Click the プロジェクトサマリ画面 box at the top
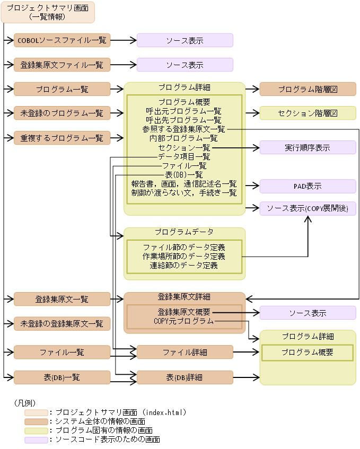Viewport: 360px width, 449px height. pos(48,12)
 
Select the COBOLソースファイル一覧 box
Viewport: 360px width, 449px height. pos(62,40)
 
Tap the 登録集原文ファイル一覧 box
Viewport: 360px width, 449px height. pos(62,65)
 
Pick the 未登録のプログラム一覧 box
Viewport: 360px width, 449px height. pos(62,113)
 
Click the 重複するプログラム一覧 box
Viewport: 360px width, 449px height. pos(62,138)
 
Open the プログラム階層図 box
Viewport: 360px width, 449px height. pos(308,89)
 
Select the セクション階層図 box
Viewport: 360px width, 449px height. pos(308,113)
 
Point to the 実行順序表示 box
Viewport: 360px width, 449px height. pos(308,147)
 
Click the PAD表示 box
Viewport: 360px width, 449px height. pos(308,186)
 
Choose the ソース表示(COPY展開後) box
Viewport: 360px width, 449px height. pos(308,208)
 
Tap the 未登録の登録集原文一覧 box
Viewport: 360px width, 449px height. pos(62,323)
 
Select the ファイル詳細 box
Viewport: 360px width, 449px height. pos(185,352)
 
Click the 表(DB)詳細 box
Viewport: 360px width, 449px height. pos(185,377)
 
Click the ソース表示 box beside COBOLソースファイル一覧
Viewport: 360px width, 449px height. pos(185,40)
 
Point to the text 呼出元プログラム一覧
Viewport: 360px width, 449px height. pos(184,111)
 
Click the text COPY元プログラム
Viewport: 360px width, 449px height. pos(184,321)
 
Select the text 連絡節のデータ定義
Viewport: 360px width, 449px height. pos(184,265)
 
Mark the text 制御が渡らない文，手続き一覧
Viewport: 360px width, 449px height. pos(184,192)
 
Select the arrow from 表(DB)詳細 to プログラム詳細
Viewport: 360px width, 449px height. pos(246,377)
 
